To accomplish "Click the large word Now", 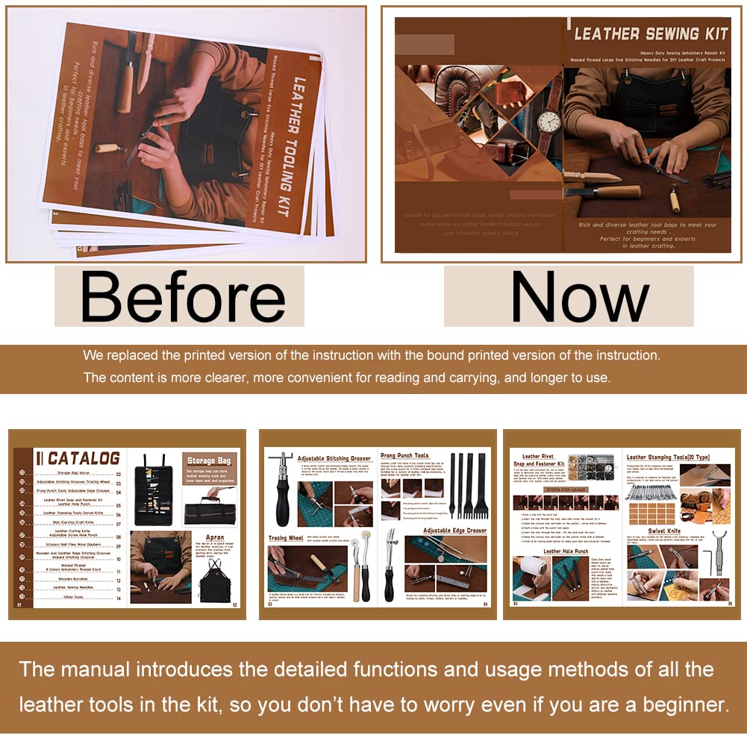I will click(x=580, y=297).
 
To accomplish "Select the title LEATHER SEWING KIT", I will click(x=646, y=34).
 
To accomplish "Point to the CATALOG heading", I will click(x=83, y=457).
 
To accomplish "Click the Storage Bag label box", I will click(x=210, y=460).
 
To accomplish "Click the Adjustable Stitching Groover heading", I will click(x=334, y=458).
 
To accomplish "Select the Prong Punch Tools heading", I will click(x=404, y=456).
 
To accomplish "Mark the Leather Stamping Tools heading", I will click(x=667, y=457).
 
